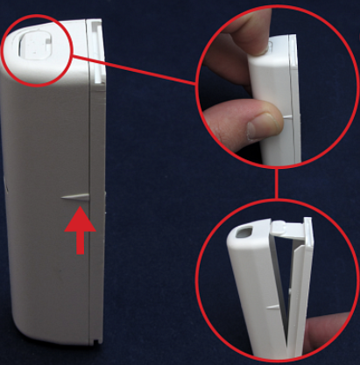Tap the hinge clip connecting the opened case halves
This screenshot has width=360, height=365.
click(281, 227)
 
